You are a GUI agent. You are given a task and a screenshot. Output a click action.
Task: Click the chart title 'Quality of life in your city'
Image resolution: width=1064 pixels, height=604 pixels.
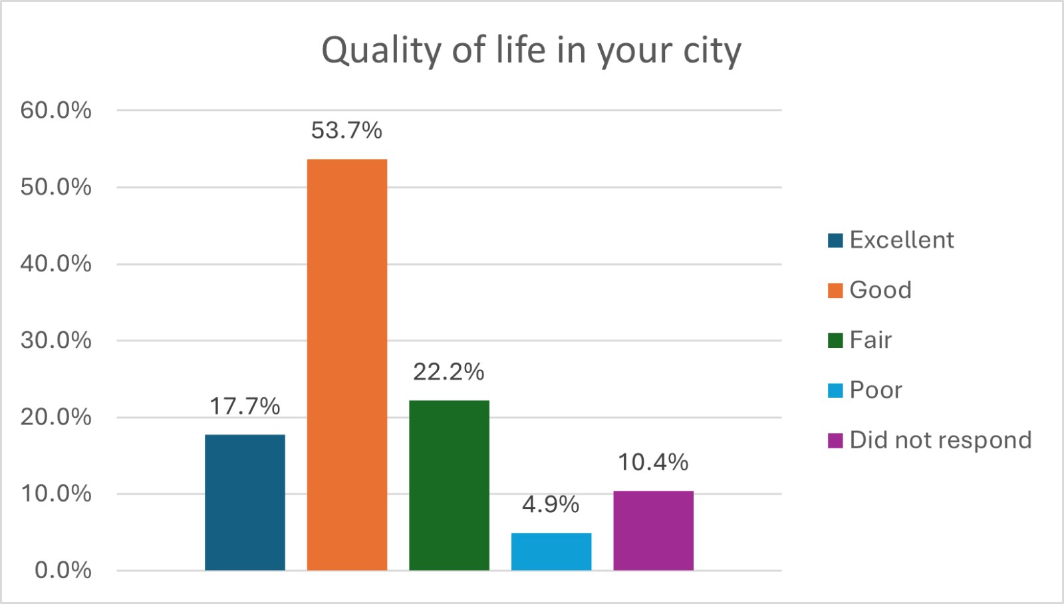click(x=531, y=51)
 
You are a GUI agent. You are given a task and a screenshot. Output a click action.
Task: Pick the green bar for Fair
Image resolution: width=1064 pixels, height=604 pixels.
click(x=449, y=485)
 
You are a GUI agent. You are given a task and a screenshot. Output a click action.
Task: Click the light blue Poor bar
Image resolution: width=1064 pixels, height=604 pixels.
click(x=551, y=551)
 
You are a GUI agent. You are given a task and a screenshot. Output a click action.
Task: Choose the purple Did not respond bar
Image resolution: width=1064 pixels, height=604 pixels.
click(x=653, y=530)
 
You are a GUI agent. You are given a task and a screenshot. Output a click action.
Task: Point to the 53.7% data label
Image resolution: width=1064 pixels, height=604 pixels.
click(x=346, y=130)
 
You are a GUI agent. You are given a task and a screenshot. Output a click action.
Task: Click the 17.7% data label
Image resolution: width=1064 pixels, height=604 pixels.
click(x=245, y=406)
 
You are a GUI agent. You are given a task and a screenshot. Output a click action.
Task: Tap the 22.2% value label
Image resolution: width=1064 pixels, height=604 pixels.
click(x=449, y=372)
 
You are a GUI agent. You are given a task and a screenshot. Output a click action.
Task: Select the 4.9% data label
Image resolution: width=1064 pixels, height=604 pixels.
click(x=551, y=504)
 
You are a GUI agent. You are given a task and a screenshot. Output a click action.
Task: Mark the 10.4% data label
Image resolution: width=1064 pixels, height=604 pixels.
click(x=653, y=462)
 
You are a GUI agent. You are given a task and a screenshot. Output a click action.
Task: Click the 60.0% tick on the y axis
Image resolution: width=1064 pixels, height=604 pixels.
click(x=56, y=110)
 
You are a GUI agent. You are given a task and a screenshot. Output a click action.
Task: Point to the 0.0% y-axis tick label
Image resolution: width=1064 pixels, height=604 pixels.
click(x=63, y=570)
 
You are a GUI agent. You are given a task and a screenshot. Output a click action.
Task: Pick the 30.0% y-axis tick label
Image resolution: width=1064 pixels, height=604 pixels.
click(x=56, y=341)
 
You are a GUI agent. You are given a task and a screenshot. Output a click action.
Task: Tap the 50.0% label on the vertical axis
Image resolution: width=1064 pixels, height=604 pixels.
click(x=56, y=187)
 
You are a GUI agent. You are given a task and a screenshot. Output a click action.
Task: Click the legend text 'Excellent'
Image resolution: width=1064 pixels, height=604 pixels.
click(x=901, y=240)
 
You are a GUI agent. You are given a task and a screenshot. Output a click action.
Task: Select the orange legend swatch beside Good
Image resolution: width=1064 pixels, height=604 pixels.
click(x=835, y=291)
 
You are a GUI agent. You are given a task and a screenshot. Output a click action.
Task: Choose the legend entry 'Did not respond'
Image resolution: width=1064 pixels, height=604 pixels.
click(x=940, y=440)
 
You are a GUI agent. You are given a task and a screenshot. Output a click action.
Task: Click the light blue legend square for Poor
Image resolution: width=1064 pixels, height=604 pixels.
click(x=835, y=390)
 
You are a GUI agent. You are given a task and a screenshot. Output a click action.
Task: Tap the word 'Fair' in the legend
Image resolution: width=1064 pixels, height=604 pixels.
click(x=870, y=341)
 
